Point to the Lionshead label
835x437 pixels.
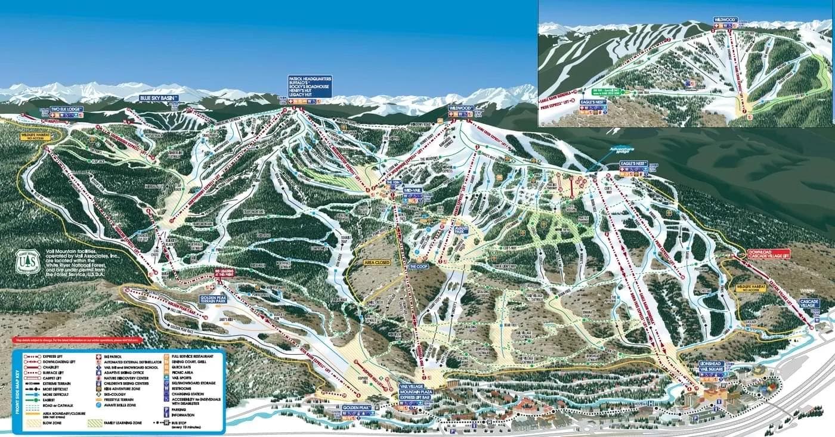pyautogui.click(x=716, y=366)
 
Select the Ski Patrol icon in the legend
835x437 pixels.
pyautogui.click(x=100, y=356)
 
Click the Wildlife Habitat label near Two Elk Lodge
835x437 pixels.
pyautogui.click(x=33, y=138)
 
